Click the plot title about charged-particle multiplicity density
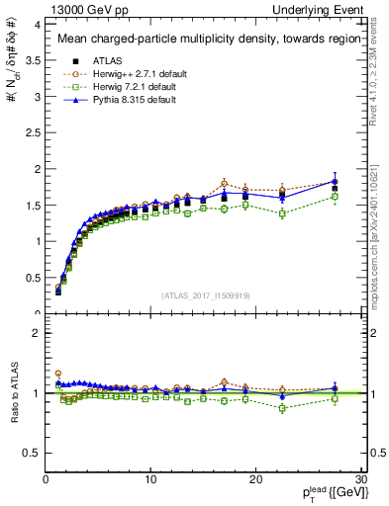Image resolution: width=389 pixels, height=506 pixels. coord(206,40)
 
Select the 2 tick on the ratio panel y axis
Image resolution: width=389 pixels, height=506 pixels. coord(35,333)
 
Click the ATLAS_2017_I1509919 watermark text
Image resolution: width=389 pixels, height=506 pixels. coord(205,295)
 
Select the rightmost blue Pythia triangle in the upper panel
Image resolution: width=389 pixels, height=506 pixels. coord(335,180)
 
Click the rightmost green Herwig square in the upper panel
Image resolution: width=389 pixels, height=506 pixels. coord(335,197)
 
